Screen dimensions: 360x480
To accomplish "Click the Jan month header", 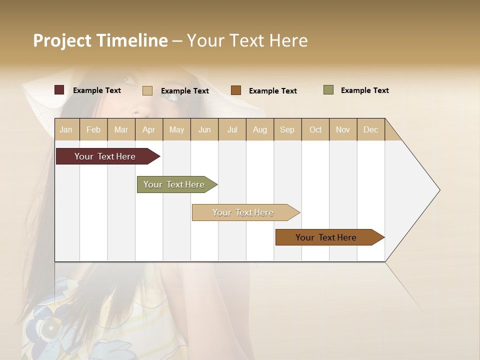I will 66,129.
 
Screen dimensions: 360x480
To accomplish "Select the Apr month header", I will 149,129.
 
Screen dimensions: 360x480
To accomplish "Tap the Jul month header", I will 232,129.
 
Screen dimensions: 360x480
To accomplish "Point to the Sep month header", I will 287,129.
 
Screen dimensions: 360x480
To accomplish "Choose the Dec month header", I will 370,129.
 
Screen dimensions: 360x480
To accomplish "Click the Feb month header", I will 93,129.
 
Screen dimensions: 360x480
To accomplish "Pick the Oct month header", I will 315,129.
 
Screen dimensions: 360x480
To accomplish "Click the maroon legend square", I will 59,90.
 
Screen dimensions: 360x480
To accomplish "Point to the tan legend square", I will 147,90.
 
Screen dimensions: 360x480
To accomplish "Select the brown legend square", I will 236,90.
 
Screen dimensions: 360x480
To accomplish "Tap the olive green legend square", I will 328,90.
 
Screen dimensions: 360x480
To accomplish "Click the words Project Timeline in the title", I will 100,40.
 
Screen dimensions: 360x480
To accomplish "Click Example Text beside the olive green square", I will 364,90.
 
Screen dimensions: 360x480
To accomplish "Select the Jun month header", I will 204,129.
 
